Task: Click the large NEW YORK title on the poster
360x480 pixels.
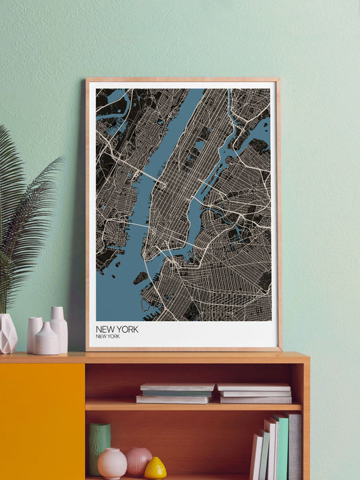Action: [x=117, y=329]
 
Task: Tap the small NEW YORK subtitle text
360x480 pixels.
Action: [x=108, y=336]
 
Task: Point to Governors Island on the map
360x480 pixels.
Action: [x=140, y=277]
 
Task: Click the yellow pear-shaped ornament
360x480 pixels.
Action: [x=155, y=468]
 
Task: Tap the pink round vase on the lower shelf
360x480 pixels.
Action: [x=138, y=461]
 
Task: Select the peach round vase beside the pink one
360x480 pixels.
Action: [x=112, y=463]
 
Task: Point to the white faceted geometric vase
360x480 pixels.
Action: [x=7, y=334]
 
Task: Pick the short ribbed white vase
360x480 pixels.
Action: [x=47, y=339]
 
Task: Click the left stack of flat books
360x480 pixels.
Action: [x=175, y=393]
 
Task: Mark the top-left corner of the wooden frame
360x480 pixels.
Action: [x=88, y=80]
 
